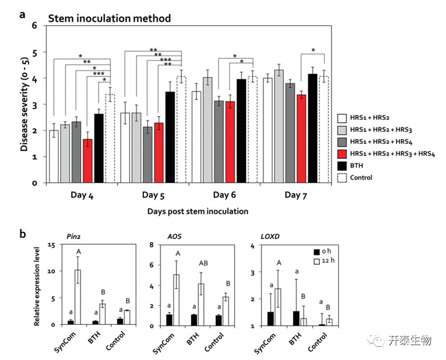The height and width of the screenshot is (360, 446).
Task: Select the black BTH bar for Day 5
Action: (170, 137)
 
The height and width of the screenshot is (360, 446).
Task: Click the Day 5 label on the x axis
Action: (151, 196)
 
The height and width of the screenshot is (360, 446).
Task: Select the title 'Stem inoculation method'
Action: (109, 18)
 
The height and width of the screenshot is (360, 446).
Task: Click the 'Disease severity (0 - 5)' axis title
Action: (25, 105)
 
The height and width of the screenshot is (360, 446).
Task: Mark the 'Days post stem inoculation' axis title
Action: (197, 211)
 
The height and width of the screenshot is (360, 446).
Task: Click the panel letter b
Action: (22, 233)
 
